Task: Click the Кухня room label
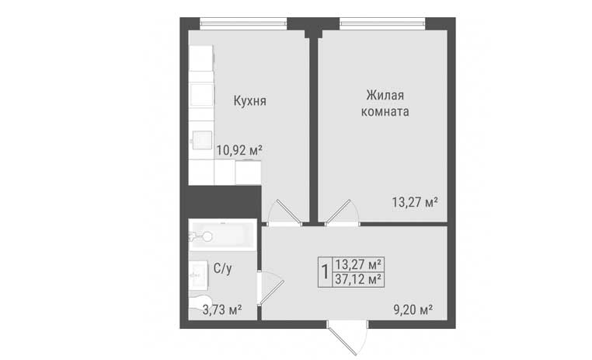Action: click(249, 101)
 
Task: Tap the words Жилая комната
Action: click(385, 103)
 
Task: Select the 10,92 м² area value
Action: click(239, 150)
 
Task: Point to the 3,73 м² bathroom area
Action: click(223, 310)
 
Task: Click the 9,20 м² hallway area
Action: click(413, 310)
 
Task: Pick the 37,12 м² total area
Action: click(357, 280)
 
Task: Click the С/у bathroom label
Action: click(223, 268)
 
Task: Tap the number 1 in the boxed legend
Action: click(324, 271)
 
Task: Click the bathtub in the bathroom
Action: click(222, 235)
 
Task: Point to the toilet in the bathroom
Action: click(197, 303)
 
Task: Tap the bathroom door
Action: click(270, 288)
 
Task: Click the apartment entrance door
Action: click(348, 337)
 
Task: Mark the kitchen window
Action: click(243, 23)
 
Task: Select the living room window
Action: click(382, 23)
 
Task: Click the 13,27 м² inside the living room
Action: click(415, 202)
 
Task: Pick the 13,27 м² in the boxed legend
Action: click(357, 264)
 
